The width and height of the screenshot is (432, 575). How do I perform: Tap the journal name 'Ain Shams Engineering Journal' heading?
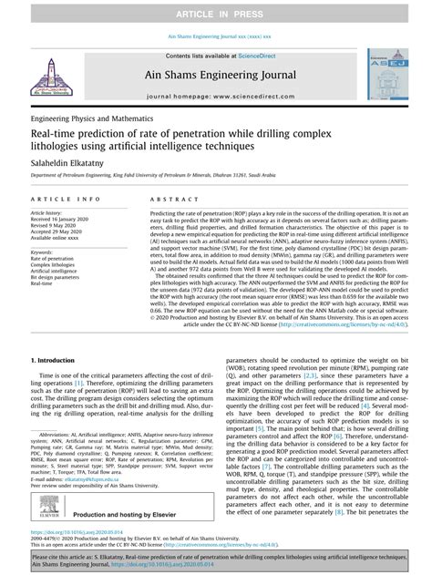(216, 77)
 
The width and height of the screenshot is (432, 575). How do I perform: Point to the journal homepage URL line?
(216, 95)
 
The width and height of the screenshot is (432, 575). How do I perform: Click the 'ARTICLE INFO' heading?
(66, 198)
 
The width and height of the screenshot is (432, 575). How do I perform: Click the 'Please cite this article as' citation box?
(216, 560)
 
